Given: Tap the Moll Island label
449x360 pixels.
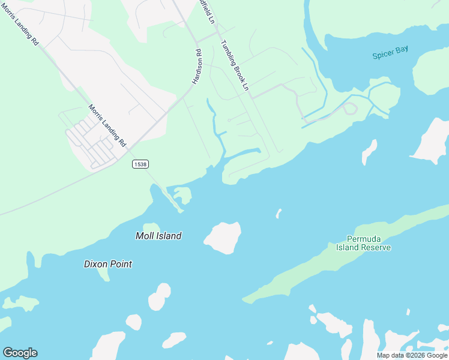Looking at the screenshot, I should (158, 236).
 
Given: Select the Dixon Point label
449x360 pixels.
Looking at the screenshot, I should (108, 263).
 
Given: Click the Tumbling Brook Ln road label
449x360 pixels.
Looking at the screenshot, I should (234, 65).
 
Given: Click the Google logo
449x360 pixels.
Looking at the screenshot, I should (20, 353).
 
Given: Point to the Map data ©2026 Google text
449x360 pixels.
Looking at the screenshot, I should (412, 355).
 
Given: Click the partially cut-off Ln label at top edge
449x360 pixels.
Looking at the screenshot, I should (207, 11).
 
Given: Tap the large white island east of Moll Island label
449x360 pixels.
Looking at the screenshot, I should (223, 237).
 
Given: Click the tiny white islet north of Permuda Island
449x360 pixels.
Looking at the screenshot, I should (279, 213).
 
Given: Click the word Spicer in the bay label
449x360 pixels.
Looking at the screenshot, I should (382, 54).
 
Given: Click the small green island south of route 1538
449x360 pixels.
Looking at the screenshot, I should (182, 194).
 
